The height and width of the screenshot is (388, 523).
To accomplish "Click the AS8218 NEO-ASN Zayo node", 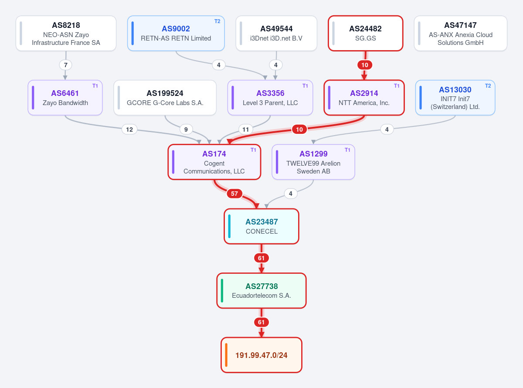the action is pos(66,33).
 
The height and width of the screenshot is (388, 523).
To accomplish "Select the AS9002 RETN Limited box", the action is pos(176,33).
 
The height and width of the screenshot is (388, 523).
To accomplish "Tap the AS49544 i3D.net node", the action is pos(276,33).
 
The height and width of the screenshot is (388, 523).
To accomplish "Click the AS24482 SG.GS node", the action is pos(366,33).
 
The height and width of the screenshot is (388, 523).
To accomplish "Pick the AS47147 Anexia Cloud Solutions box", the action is pos(461,33).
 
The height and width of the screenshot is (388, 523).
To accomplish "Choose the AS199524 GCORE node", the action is pos(165,98).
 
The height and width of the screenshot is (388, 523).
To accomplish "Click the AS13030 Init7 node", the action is pos(455,98).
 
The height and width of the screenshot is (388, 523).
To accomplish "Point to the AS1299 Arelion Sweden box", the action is pos(313,162).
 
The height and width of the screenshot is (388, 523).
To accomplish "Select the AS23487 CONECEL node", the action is pos(261,226).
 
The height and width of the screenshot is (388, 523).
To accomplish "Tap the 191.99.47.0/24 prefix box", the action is pos(261,355).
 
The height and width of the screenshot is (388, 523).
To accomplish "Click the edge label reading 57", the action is pos(234,194).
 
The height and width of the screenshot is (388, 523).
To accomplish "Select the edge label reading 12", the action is pos(129,129).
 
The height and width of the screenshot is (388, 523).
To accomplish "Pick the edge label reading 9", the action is pos(186,129).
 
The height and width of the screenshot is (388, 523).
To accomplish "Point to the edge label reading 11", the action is pos(246,129).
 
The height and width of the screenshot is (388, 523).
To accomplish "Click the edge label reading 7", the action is pos(65,65).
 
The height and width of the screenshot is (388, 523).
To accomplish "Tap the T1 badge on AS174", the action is pos(253,150).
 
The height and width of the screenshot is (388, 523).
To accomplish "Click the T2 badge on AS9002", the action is pos(217,21).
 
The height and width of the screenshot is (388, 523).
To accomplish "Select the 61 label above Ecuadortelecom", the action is pos(261,258).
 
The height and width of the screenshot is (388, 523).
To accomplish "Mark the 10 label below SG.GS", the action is pos(365,65).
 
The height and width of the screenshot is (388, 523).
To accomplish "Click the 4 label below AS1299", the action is pos(291,194).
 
